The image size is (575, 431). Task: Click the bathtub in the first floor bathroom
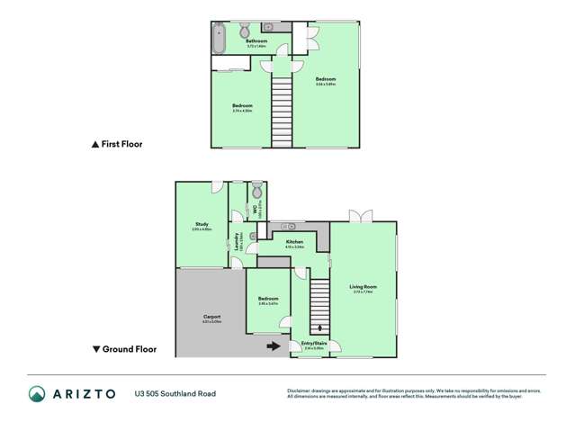click(x=218, y=40)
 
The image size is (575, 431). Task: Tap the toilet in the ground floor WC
click(x=256, y=192)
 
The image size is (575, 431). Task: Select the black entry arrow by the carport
click(x=273, y=345)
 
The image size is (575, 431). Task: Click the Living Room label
click(x=363, y=287)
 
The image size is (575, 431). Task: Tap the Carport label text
click(x=212, y=317)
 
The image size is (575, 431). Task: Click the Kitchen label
click(x=294, y=242)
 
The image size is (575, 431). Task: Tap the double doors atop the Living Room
click(x=361, y=215)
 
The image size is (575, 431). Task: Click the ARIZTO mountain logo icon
click(x=37, y=393)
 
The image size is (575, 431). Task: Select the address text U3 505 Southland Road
click(x=175, y=393)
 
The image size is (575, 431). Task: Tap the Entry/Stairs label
click(x=315, y=344)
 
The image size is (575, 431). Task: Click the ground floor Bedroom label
click(x=268, y=299)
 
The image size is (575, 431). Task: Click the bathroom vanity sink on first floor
click(x=268, y=28)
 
